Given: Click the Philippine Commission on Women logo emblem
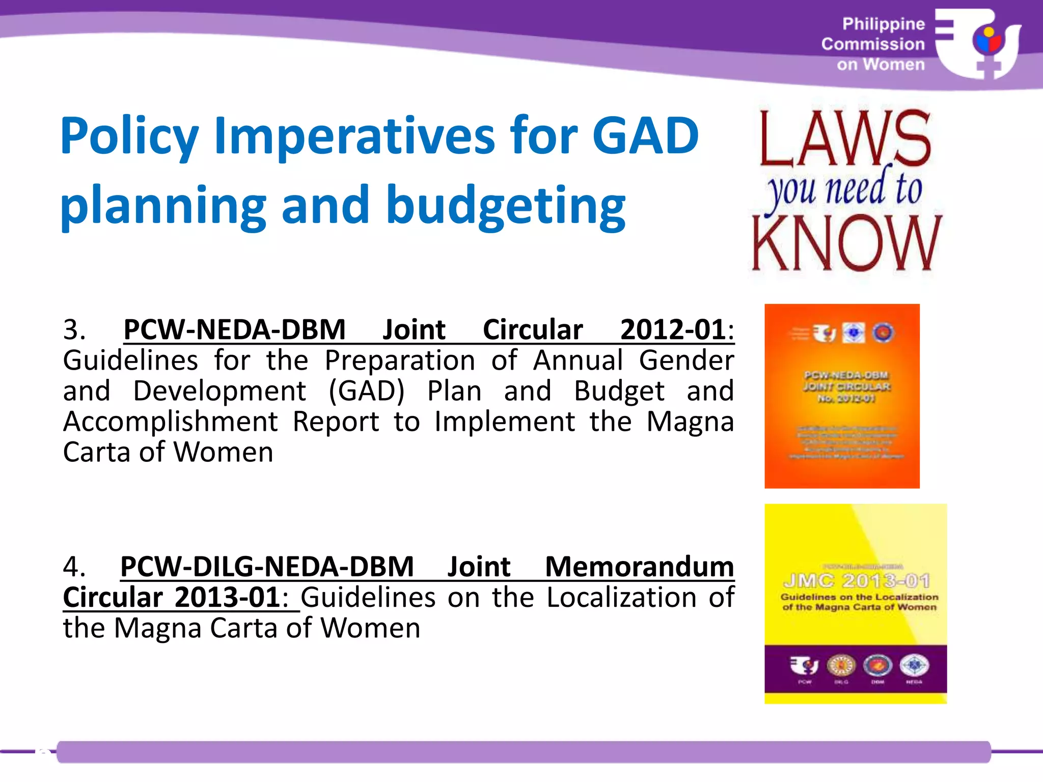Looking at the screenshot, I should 978,44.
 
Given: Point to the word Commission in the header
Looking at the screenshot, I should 872,44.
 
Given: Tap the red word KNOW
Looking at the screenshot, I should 846,243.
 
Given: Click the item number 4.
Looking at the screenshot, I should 74,567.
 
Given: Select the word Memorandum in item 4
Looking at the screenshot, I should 639,567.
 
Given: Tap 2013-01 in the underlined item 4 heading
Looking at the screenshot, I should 227,597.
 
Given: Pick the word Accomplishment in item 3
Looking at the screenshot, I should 171,422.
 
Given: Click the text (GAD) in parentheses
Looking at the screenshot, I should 366,391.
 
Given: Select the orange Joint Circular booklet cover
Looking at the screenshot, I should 842,396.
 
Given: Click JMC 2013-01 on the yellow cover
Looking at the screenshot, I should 857,581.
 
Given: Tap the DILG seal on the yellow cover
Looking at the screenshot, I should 841,665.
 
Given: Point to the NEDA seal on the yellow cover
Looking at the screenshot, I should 914,665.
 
